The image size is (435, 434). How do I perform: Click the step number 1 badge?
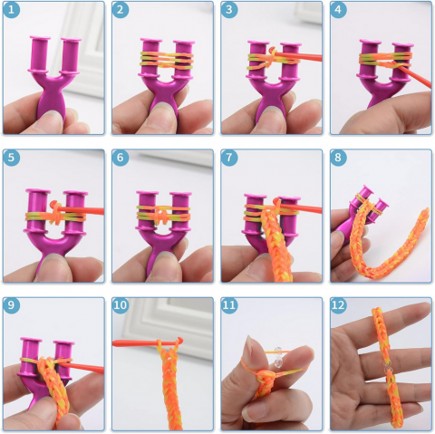11,10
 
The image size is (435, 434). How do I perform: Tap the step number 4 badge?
338,10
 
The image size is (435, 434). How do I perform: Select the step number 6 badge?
121,158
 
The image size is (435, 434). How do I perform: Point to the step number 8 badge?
338,158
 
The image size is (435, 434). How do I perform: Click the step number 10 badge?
121,305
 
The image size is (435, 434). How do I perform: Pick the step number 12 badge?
338,305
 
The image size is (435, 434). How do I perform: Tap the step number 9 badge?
11,305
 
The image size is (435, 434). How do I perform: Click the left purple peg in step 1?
39,54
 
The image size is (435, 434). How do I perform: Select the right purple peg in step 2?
183,59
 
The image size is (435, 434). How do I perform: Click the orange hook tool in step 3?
296,55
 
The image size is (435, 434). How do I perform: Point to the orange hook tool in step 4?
414,76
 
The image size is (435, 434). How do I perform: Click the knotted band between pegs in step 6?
163,214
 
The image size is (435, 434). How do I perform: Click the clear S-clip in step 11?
278,357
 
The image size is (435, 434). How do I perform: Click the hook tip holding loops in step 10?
179,341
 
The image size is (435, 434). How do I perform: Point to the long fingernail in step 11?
250,347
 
